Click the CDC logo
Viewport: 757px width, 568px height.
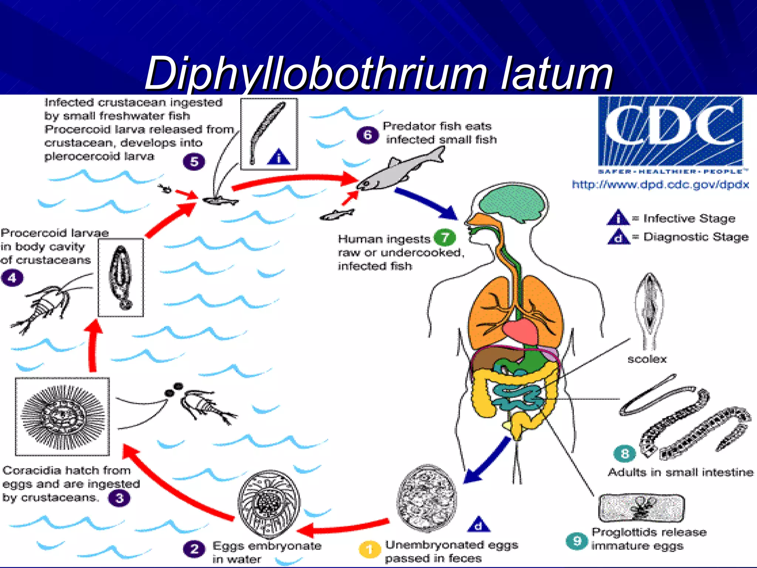[x=670, y=131]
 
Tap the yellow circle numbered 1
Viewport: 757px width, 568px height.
[x=369, y=550]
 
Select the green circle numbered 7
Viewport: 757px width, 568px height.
[x=445, y=237]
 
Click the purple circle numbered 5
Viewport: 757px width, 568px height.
[x=194, y=162]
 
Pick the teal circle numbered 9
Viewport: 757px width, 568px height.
[x=577, y=541]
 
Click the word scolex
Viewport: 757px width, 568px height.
[x=647, y=359]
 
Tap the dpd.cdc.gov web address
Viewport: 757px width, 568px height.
[x=660, y=185]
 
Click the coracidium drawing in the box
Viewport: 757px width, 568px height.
[x=62, y=417]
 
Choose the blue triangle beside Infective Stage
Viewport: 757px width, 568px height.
[x=618, y=218]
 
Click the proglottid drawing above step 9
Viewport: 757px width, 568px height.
[x=641, y=508]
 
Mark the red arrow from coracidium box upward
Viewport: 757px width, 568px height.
[x=94, y=346]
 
